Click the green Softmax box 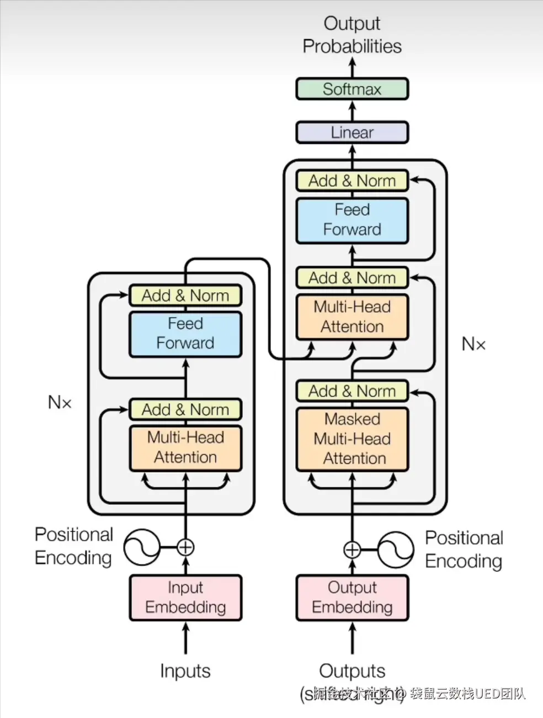(x=352, y=89)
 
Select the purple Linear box (x=352, y=133)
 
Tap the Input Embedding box (x=185, y=598)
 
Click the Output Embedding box (x=352, y=598)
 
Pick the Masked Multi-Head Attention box (x=352, y=439)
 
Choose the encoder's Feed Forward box (x=185, y=334)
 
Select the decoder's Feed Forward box (x=352, y=220)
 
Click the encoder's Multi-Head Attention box (x=185, y=447)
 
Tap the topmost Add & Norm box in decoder (x=352, y=181)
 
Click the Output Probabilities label (x=352, y=35)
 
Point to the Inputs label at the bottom (x=185, y=671)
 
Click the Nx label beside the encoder (x=60, y=402)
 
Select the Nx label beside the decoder (x=473, y=344)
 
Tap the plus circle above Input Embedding (x=185, y=547)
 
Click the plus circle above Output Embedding (x=352, y=550)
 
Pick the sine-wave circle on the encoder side (x=141, y=547)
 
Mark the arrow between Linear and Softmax (x=352, y=110)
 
